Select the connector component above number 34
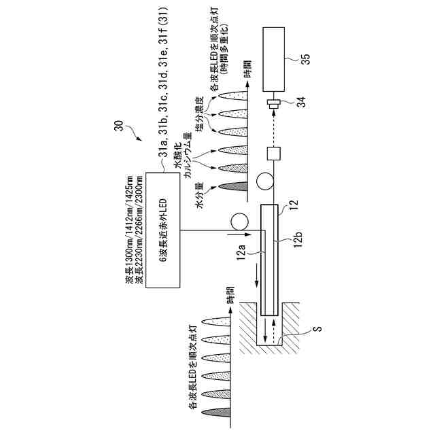coord(274,105)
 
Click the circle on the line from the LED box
coord(239,222)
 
